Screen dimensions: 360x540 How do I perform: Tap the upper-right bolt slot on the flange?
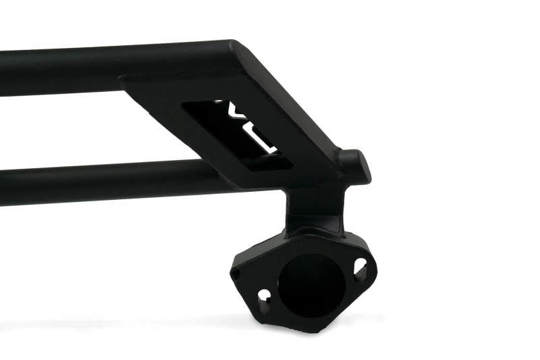[x=360, y=269]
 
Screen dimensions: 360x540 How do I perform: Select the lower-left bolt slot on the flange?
[x=264, y=297]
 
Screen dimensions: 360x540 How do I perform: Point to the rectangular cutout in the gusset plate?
[x=236, y=132]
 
